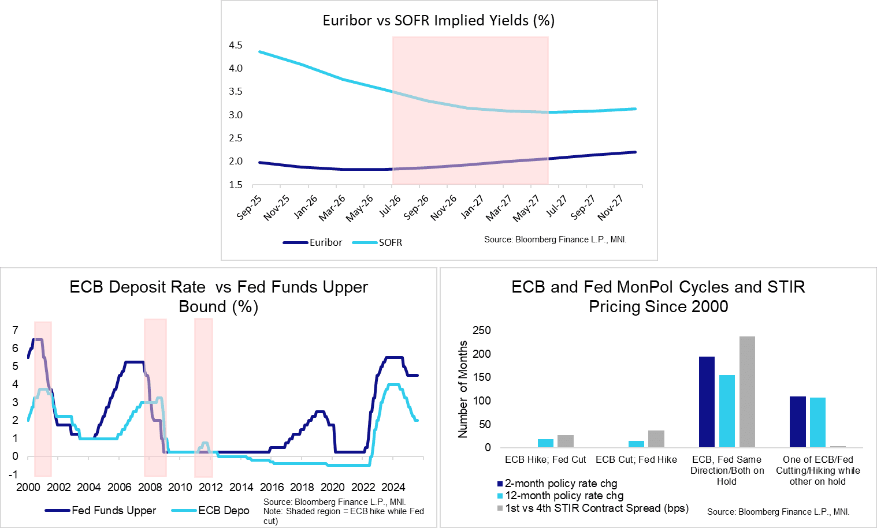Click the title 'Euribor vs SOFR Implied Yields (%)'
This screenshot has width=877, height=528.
438,21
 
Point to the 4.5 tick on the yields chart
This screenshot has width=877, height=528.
235,45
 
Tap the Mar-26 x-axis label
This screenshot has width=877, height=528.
333,208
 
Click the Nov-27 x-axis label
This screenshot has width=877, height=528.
611,208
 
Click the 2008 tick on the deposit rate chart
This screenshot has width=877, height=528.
150,487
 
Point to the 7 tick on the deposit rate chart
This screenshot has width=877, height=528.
15,330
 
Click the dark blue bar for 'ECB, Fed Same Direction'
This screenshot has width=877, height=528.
707,402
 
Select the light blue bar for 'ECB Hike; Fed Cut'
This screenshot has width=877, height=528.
545,443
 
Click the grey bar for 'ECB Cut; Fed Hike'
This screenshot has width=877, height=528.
656,439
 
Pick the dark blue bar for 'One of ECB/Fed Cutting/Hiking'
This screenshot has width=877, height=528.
797,422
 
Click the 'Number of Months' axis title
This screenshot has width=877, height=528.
463,389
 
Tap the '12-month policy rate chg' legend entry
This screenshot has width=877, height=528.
564,496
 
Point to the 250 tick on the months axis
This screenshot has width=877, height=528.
481,330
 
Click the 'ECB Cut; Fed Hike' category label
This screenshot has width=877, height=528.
636,459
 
